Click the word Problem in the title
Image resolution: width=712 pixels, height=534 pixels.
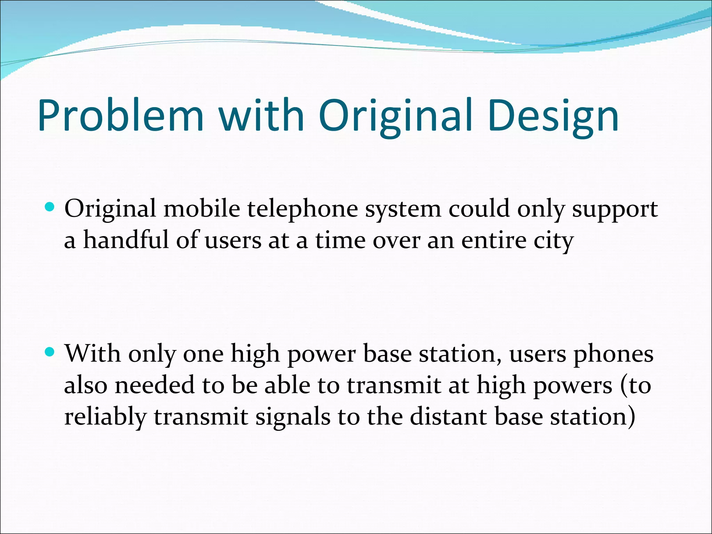point(120,115)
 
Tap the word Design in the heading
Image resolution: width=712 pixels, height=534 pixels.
point(553,115)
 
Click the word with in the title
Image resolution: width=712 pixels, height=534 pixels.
point(261,115)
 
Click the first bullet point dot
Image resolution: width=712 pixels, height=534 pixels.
point(50,208)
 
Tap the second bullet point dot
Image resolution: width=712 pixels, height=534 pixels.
point(50,352)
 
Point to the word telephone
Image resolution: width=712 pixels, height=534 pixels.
point(302,210)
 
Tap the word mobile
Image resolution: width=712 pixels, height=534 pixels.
point(202,209)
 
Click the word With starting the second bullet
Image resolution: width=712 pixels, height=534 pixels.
point(92,354)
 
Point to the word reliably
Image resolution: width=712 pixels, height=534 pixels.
point(105,417)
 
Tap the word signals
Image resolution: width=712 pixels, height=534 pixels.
point(293,417)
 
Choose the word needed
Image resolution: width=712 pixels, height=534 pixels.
point(154,385)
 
